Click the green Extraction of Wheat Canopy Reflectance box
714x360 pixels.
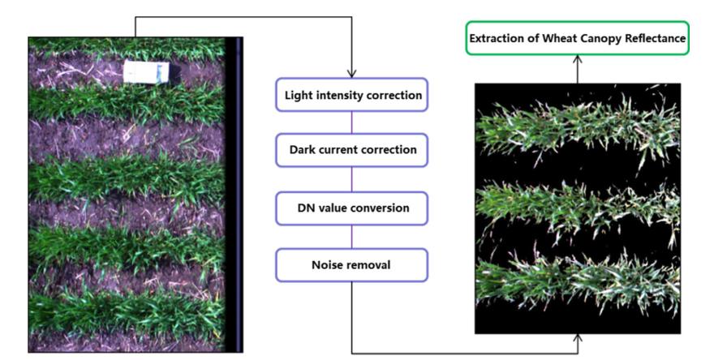click(x=577, y=38)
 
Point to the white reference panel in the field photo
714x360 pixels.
click(x=146, y=72)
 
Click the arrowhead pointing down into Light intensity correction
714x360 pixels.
click(x=351, y=72)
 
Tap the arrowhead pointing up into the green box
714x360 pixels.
click(x=578, y=59)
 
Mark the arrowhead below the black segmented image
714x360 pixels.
click(x=578, y=338)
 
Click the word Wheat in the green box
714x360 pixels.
click(x=567, y=38)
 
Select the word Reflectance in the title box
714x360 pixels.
click(x=656, y=38)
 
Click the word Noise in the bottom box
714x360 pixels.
click(x=328, y=265)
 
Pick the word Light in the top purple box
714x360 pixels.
click(x=298, y=95)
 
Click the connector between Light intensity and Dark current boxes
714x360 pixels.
click(x=351, y=122)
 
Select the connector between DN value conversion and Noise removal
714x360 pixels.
click(x=351, y=237)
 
